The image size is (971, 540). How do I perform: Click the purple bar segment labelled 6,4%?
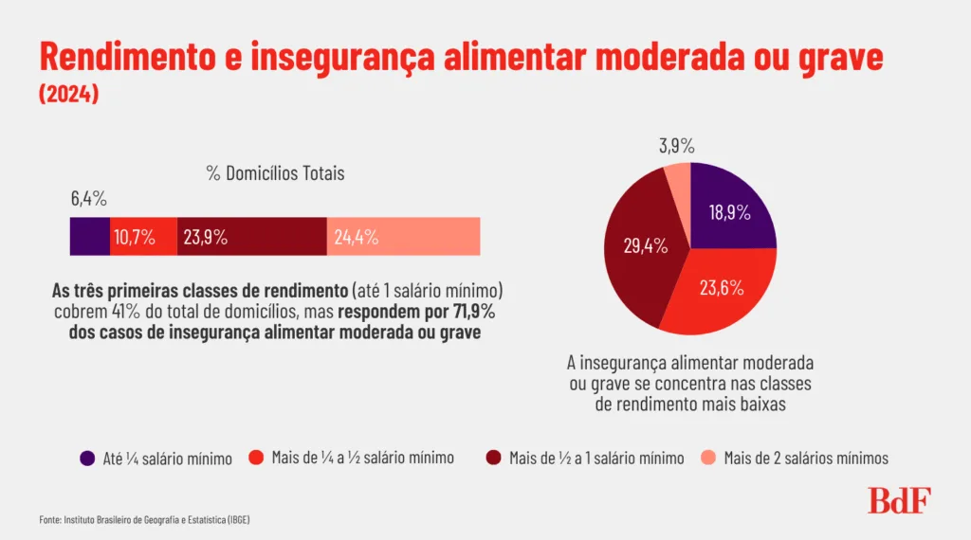pos(90,236)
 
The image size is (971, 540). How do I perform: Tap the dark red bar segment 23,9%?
pos(251,236)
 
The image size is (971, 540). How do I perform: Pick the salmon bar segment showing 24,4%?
pos(403,236)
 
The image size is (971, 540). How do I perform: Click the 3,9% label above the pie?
pos(676,146)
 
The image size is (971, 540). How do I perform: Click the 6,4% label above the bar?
pos(88,199)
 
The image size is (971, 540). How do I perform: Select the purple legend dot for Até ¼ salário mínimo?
pos(87,458)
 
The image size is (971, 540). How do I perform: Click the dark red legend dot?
pos(493,458)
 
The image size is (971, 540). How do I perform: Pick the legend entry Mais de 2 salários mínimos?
pos(806,458)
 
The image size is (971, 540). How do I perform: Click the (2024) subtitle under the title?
pos(68,95)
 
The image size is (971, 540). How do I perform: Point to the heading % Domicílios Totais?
pos(275,173)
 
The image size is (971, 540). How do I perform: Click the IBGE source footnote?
pos(144,520)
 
